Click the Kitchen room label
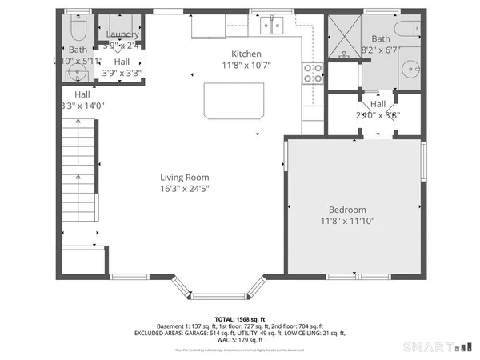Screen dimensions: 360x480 tap(246, 54)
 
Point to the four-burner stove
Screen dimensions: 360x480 tap(312, 74)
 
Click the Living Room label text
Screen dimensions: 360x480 tap(184, 178)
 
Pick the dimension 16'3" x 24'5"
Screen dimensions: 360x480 tap(184, 190)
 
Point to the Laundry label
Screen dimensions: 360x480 tap(122, 34)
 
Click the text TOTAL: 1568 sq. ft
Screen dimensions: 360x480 tap(239, 319)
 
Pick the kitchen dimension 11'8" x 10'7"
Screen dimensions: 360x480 tap(246, 66)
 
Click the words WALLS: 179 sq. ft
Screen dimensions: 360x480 tap(239, 339)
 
